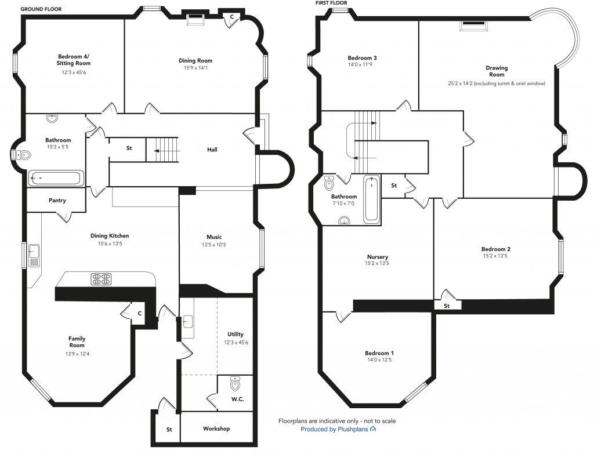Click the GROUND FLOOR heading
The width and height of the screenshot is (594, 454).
[41, 9]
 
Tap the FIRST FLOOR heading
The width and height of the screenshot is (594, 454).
[331, 3]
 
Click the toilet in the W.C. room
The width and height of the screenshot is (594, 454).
[235, 384]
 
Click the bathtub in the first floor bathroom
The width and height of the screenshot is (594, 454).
[371, 199]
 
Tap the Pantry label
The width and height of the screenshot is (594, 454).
[57, 201]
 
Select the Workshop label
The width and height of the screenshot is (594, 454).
[216, 429]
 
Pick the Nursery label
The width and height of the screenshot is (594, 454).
[377, 257]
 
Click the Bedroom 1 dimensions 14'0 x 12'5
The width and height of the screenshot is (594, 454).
[379, 360]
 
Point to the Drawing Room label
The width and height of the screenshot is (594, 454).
[497, 71]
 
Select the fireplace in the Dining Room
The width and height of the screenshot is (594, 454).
[195, 19]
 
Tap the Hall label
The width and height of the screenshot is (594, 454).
[212, 150]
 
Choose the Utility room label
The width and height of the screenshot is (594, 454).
[236, 335]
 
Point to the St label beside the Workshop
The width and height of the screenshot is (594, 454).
[169, 430]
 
